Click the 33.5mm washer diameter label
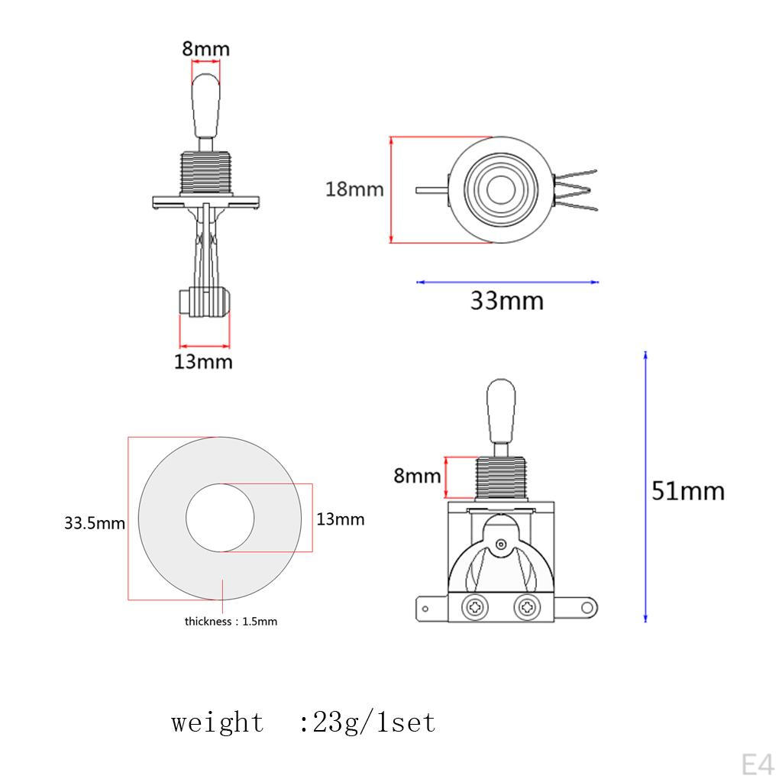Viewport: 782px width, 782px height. click(x=94, y=524)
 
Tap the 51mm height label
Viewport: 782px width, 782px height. click(x=687, y=490)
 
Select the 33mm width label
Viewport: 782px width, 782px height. click(x=506, y=301)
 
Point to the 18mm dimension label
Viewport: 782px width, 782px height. click(x=354, y=189)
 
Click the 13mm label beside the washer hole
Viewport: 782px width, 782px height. click(x=341, y=519)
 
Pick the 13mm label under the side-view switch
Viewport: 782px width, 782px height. click(x=203, y=361)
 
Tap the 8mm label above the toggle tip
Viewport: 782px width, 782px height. click(x=205, y=50)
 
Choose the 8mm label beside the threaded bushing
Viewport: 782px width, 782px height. click(x=417, y=476)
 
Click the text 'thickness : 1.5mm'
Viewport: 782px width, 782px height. click(x=231, y=622)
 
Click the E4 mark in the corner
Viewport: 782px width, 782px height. click(x=757, y=764)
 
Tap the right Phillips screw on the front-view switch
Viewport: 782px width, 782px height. click(x=527, y=608)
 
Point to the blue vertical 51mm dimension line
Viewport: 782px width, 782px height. click(x=645, y=489)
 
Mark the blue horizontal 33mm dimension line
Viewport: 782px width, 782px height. click(x=507, y=282)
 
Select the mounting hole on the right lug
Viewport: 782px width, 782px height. click(x=586, y=608)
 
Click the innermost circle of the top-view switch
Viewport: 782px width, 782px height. click(x=500, y=189)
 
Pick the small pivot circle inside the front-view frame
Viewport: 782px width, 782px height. click(x=500, y=544)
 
